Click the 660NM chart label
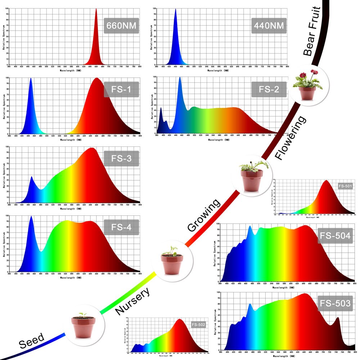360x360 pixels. (121, 26)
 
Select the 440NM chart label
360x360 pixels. (269, 26)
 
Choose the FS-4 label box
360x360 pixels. (121, 227)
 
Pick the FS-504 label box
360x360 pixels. (335, 236)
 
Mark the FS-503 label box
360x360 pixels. (335, 303)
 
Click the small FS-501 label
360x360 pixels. (345, 186)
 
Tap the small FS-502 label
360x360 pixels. (198, 325)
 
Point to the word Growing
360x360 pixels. (203, 215)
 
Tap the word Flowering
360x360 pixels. (290, 138)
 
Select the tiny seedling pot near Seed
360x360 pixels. (83, 325)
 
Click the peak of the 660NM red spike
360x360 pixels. (96, 9)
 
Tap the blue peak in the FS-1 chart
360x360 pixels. (31, 78)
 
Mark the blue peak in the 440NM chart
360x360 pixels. (175, 9)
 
